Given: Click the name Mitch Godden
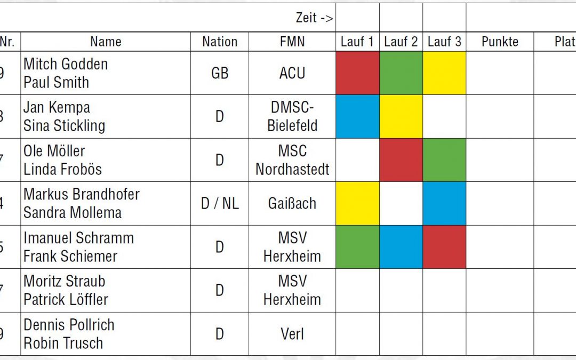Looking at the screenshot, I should (66, 64).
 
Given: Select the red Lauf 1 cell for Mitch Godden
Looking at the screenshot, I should (357, 73).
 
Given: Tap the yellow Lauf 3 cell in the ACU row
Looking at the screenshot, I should (444, 73).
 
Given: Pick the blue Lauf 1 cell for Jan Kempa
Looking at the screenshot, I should (357, 117).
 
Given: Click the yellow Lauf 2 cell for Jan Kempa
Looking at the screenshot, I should (401, 117).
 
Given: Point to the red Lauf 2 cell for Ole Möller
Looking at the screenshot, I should (401, 160).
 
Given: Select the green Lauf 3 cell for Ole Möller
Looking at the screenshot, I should (444, 160).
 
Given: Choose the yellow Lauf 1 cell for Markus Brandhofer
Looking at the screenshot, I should (357, 203).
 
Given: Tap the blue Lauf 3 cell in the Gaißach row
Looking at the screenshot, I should (444, 203).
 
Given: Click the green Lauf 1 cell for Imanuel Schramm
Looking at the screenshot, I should (357, 247).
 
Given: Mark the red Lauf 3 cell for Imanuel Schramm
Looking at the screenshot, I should (444, 247).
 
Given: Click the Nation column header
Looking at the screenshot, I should (220, 42).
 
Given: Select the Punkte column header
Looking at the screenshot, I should (500, 42).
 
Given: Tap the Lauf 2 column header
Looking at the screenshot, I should (401, 42).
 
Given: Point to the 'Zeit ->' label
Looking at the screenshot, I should (315, 18).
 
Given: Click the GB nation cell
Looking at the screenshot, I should (220, 73).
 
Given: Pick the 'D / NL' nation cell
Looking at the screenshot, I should (220, 203).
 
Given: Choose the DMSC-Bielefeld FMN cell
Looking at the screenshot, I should (292, 117).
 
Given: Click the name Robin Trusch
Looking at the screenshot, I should (63, 343).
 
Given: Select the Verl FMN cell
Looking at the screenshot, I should (292, 334).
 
